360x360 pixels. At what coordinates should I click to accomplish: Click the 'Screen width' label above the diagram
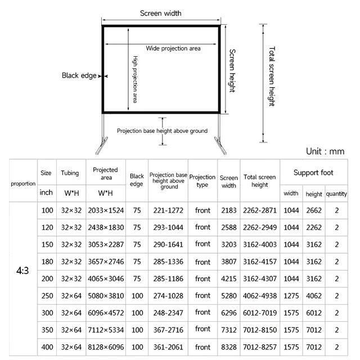[x=160, y=13]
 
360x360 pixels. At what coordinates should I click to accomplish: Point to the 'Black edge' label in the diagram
[x=79, y=76]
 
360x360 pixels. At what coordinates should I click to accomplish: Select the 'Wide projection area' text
[x=173, y=48]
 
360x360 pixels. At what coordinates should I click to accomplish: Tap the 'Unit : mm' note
[x=325, y=151]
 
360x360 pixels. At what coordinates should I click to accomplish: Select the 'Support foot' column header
[x=314, y=173]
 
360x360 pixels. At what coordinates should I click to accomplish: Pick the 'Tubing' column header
[x=70, y=173]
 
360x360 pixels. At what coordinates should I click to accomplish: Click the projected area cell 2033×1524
[x=105, y=210]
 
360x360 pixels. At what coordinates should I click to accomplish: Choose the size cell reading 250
[x=47, y=296]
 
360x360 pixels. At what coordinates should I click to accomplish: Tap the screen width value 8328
[x=228, y=346]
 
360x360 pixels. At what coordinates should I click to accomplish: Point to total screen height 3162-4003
[x=259, y=245]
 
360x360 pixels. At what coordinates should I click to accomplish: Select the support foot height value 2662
[x=314, y=210]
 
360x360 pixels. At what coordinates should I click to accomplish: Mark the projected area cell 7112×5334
[x=105, y=330]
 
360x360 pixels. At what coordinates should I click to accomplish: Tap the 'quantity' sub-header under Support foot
[x=336, y=194]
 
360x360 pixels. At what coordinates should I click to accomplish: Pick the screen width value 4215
[x=228, y=278]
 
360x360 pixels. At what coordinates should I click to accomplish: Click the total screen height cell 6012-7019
[x=259, y=313]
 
